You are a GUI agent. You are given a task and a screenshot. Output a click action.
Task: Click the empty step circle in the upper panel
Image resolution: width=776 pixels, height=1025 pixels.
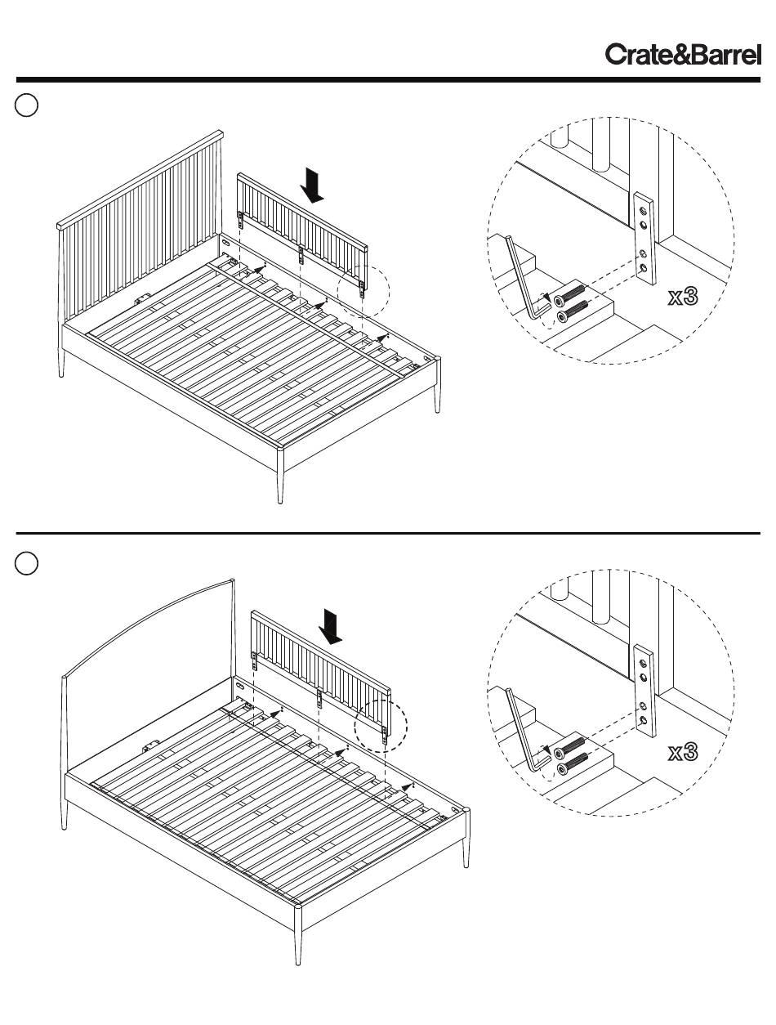coord(27,105)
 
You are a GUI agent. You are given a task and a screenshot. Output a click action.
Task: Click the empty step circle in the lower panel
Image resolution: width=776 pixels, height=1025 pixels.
coord(27,563)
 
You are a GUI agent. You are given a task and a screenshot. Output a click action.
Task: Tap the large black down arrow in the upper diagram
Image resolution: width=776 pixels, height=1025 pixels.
coord(312,184)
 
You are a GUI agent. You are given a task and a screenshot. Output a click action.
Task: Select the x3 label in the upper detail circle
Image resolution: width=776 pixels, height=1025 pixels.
coord(683,296)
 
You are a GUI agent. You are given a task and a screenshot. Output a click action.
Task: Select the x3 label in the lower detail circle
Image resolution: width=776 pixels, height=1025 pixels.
coord(683,752)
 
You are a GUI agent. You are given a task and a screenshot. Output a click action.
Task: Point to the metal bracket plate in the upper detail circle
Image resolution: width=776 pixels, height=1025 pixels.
coord(644,238)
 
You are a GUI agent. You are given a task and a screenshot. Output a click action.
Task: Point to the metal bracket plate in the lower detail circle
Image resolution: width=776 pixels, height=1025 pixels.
coord(644,692)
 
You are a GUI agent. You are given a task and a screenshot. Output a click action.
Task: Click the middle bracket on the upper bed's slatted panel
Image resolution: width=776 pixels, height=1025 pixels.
coord(301,254)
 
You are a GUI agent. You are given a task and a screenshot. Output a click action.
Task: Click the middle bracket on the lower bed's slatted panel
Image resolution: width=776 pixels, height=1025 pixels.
coord(318,697)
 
